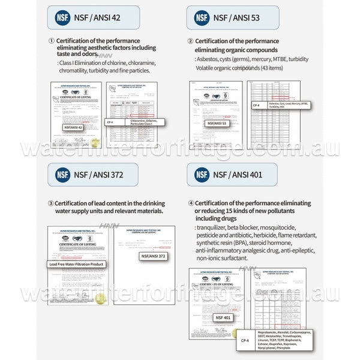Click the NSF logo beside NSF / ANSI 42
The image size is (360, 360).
click(62, 17)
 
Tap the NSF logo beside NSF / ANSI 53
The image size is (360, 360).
click(202, 17)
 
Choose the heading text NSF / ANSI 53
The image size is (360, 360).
click(236, 17)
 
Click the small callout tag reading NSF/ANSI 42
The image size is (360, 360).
click(73, 127)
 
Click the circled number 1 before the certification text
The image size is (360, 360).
click(51, 41)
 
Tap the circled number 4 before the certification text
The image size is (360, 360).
click(191, 203)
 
